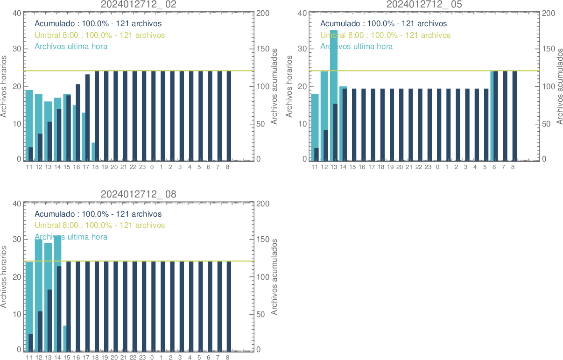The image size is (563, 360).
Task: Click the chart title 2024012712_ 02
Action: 139,5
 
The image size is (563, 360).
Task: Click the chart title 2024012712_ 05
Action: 424,5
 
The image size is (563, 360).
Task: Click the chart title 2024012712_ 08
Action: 139,194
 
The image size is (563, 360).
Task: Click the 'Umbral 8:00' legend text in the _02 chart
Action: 100,35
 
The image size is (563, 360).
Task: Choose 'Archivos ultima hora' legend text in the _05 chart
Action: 356,46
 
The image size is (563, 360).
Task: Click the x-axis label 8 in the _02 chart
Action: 228,167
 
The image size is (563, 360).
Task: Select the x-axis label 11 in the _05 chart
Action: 314,167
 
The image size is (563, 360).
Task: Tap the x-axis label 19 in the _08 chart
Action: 105,358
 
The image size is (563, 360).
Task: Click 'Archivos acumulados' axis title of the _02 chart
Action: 274,86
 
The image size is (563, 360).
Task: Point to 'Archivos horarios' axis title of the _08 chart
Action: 4,277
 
